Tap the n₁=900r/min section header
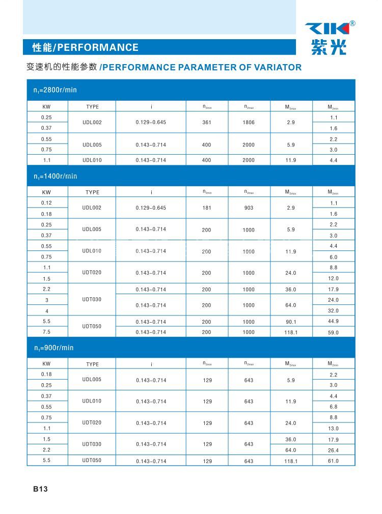(x=53, y=348)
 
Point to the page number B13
(x=40, y=489)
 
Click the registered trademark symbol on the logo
(x=352, y=23)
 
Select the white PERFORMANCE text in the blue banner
(x=97, y=47)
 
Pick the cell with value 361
(x=207, y=123)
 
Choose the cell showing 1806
(x=249, y=123)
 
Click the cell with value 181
(x=207, y=208)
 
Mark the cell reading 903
(x=249, y=208)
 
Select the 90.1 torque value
(x=291, y=322)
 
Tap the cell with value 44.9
(x=333, y=321)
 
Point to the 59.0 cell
(x=333, y=332)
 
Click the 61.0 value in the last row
(x=333, y=461)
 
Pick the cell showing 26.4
(x=333, y=450)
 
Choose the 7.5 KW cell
(x=46, y=332)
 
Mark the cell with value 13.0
(x=333, y=429)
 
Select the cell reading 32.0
(x=333, y=310)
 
